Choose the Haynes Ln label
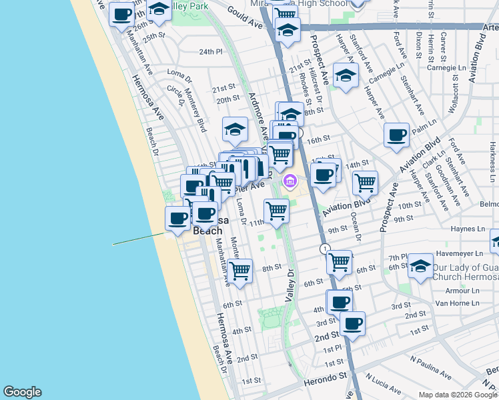(467, 229)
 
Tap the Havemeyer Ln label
(459, 253)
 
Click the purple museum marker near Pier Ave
(290, 181)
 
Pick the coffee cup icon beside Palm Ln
(396, 135)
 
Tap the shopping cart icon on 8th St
(239, 271)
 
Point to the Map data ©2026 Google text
(458, 395)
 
